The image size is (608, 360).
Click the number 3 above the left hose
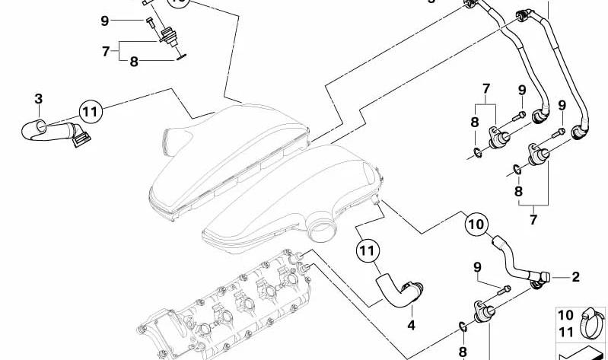[x=38, y=99]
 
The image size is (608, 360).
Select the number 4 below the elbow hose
[x=411, y=325]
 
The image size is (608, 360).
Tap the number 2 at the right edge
[x=575, y=276]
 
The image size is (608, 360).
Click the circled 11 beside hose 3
[x=91, y=112]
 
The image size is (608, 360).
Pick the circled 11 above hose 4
[x=368, y=251]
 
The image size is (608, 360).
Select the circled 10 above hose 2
[x=476, y=225]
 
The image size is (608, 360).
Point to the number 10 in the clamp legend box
[x=565, y=315]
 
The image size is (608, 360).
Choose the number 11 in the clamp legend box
[x=565, y=332]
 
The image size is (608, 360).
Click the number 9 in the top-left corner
[x=105, y=21]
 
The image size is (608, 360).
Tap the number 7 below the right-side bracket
[x=533, y=219]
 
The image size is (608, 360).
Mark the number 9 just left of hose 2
[x=477, y=267]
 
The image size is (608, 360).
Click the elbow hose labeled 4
[x=396, y=294]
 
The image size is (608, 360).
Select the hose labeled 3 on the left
[x=54, y=131]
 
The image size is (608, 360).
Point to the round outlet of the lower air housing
[x=322, y=229]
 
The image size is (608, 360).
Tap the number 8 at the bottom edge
[x=463, y=352]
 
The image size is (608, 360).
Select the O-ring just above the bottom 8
[x=463, y=327]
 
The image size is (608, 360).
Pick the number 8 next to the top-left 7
[x=134, y=62]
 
